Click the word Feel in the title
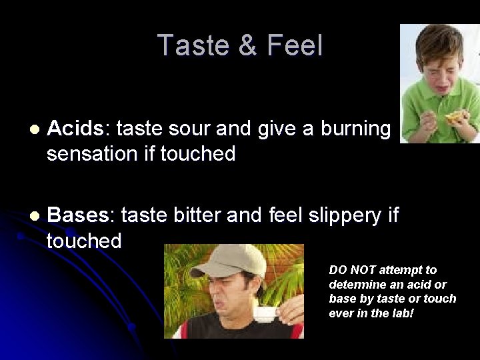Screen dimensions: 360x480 pos(295,45)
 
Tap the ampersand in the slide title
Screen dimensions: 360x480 pos(247,46)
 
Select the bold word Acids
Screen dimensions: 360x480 pos(75,129)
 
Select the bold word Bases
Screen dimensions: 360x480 pos(78,215)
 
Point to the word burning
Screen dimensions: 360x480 pos(355,129)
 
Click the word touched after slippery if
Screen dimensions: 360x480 pos(84,241)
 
